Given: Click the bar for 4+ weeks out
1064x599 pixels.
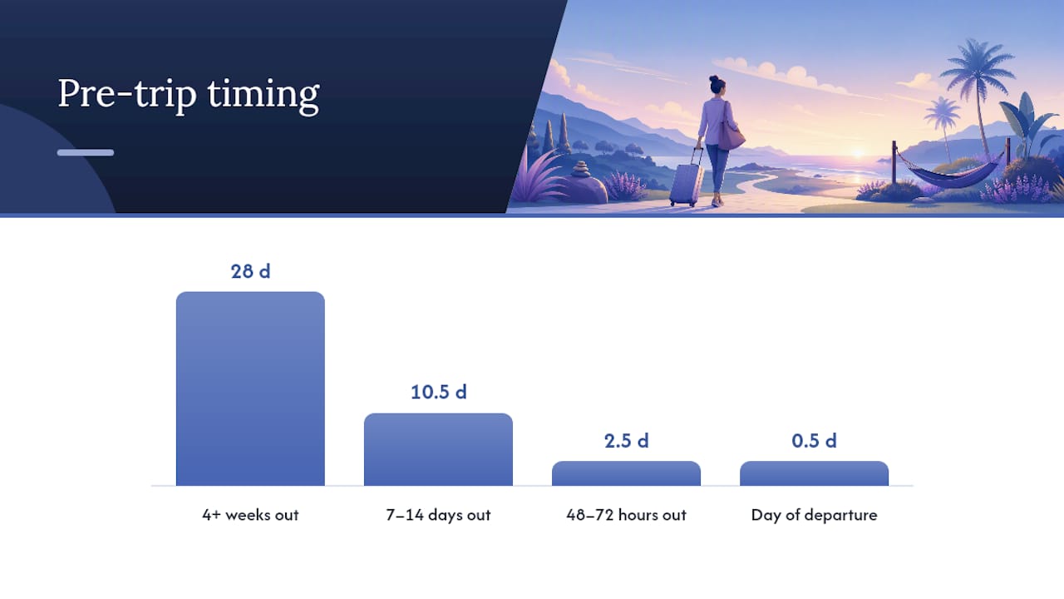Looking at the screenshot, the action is pyautogui.click(x=250, y=389).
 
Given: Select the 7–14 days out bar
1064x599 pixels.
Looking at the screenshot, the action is pyautogui.click(x=438, y=449).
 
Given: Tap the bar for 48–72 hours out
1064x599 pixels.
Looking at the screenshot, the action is pyautogui.click(x=626, y=473).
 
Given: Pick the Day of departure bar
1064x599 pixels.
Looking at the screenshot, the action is pyautogui.click(x=814, y=473).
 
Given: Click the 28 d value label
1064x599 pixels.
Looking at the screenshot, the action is pyautogui.click(x=250, y=271).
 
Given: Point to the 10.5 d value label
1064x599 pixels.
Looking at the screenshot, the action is pyautogui.click(x=438, y=392).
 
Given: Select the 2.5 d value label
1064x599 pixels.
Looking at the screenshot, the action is pyautogui.click(x=626, y=441).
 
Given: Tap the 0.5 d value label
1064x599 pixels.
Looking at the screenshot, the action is pyautogui.click(x=814, y=441).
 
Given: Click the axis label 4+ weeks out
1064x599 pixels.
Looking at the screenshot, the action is pyautogui.click(x=250, y=515).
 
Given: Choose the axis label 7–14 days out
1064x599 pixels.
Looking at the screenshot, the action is pyautogui.click(x=438, y=515).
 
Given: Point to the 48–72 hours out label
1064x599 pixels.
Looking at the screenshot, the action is pyautogui.click(x=626, y=515).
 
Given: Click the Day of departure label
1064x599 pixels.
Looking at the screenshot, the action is pyautogui.click(x=814, y=515).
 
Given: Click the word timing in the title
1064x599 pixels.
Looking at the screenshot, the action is pyautogui.click(x=264, y=95).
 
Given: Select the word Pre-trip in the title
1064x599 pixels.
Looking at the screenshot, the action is pyautogui.click(x=127, y=95).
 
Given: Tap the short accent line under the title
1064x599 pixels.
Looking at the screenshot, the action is pyautogui.click(x=86, y=152).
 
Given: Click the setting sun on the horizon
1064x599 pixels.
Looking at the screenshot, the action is pyautogui.click(x=858, y=153).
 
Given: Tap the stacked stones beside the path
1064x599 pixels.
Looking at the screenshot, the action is pyautogui.click(x=580, y=169).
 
